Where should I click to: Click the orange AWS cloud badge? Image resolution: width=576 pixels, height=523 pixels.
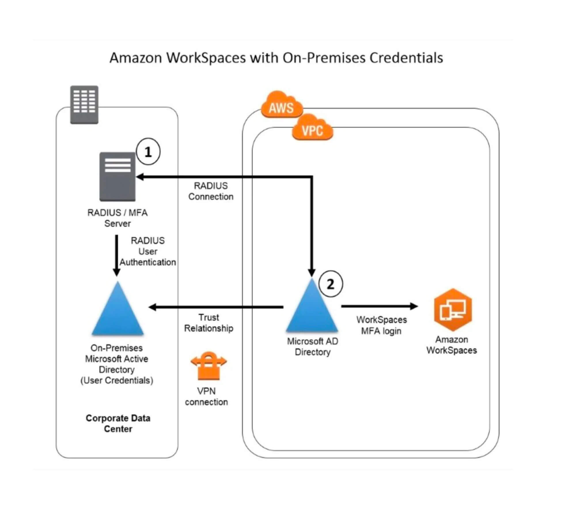[282, 105]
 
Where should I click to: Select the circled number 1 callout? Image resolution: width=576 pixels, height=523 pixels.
[148, 152]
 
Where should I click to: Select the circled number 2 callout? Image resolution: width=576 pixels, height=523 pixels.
[331, 284]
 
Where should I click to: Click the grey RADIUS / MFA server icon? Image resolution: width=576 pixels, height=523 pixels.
[118, 177]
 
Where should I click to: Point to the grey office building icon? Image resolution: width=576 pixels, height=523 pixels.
[84, 105]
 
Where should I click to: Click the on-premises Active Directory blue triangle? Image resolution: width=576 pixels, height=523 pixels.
[118, 308]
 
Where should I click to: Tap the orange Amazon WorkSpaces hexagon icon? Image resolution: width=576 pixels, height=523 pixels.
[453, 309]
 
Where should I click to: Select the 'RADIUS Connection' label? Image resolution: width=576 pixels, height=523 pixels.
[211, 191]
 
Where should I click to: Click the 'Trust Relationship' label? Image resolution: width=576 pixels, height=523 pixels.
[209, 323]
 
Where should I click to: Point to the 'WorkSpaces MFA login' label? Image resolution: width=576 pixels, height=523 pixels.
[382, 325]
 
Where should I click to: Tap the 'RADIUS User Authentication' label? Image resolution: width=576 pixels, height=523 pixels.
[148, 251]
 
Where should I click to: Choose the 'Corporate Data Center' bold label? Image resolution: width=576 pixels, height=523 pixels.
[118, 423]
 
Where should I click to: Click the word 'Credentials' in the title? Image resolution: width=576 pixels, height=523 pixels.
[406, 58]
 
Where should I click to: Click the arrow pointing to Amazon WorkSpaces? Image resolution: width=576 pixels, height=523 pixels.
[380, 306]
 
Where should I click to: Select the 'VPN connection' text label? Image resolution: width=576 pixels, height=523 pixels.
[206, 397]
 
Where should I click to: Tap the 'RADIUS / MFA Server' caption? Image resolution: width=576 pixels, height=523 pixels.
[118, 218]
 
